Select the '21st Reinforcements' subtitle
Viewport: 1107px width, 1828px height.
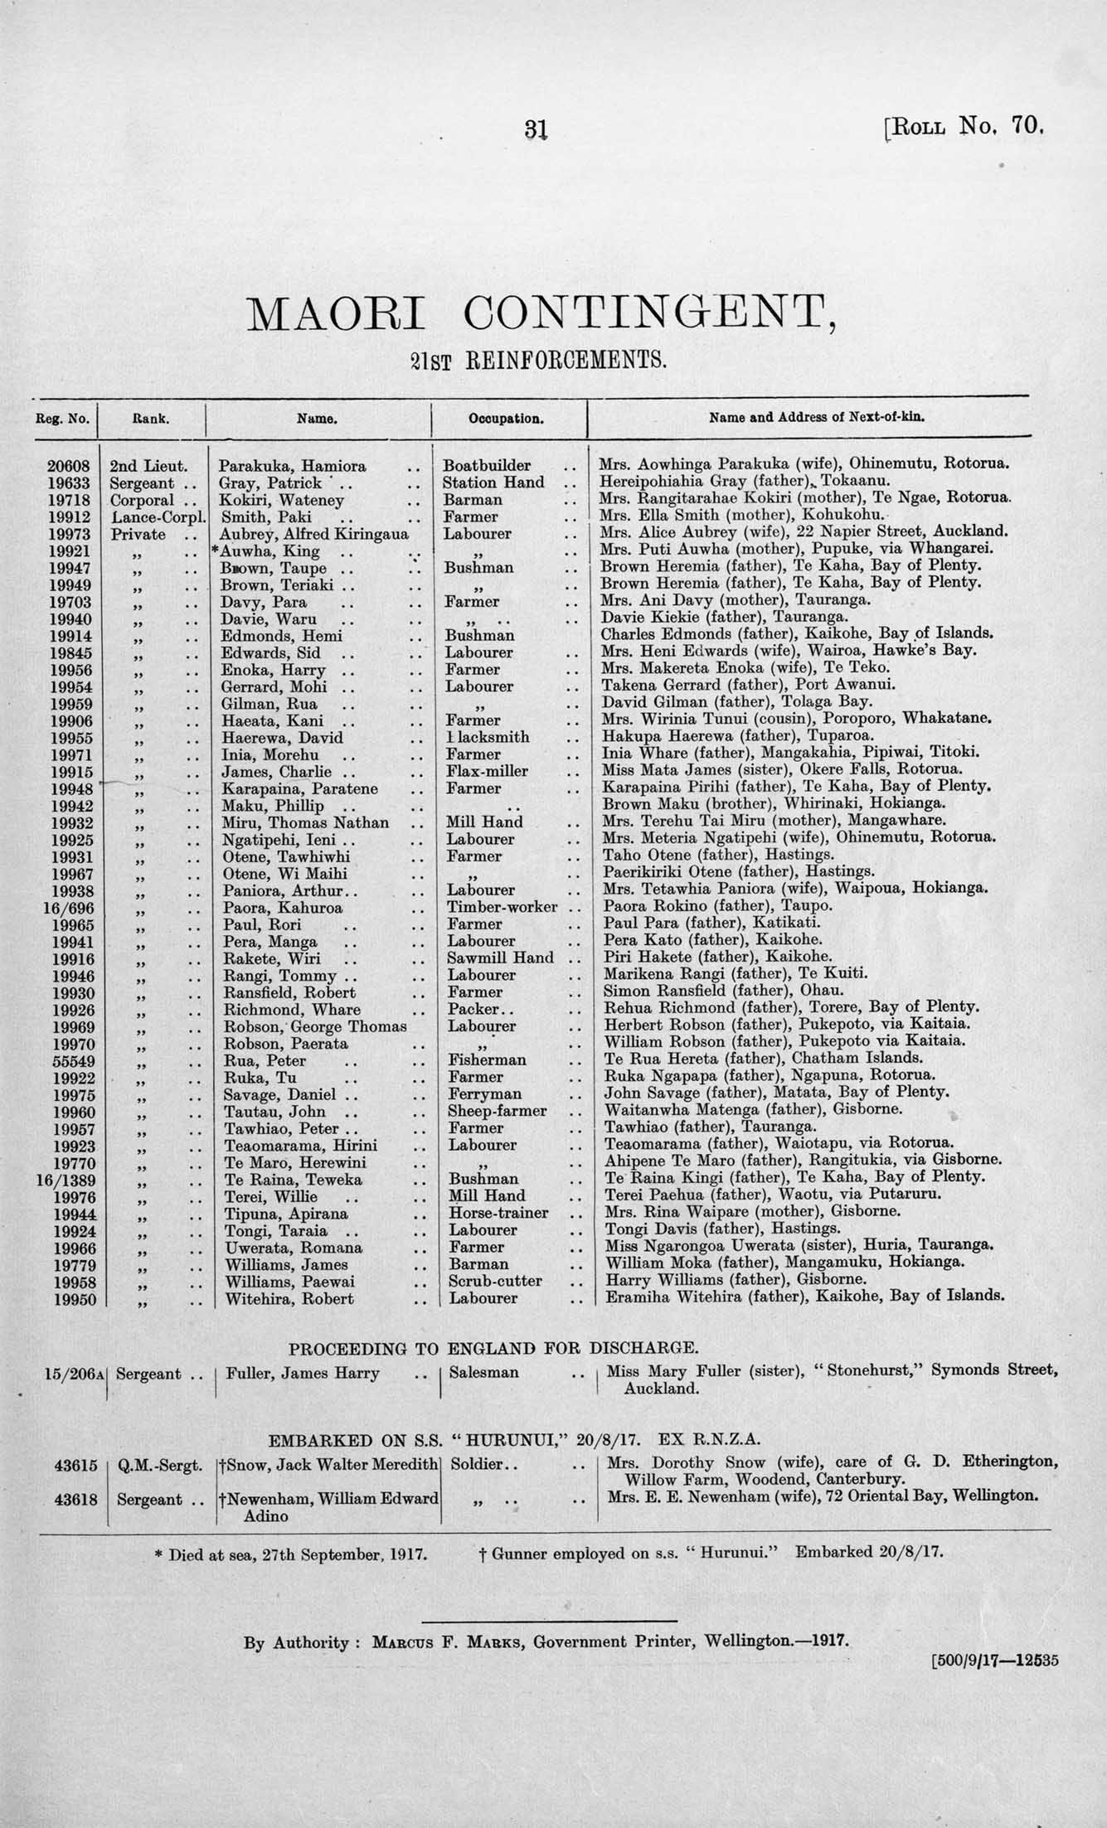point(539,360)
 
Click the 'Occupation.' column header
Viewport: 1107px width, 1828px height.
point(506,419)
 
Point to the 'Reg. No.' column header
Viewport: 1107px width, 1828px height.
point(67,419)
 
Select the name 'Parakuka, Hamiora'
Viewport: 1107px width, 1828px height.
point(293,466)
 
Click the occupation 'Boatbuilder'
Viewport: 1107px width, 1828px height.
point(487,466)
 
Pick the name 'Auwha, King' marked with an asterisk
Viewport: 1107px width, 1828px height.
point(267,551)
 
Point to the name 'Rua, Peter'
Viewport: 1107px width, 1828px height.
point(265,1060)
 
